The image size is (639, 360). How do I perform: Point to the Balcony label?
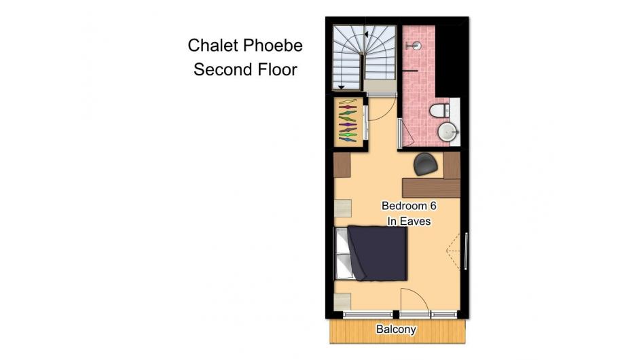pos(396,329)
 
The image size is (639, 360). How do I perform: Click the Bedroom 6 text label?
pos(409,206)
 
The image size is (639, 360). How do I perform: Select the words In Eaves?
pos(409,221)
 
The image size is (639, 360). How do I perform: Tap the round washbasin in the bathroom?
pos(448,132)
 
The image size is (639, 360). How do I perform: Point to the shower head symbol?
pos(414,46)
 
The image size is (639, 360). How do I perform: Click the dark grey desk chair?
pos(426,164)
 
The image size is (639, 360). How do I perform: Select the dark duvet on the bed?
pos(378,253)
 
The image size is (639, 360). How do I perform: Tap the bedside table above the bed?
pos(342,209)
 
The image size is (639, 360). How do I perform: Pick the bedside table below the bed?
pos(342,302)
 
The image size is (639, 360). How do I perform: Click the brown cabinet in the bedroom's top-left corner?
pos(342,164)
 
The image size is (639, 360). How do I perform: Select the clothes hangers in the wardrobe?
pos(348,121)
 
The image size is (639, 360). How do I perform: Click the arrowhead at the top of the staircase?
pos(367,35)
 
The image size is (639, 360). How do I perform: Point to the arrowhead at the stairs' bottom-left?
pos(341,87)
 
